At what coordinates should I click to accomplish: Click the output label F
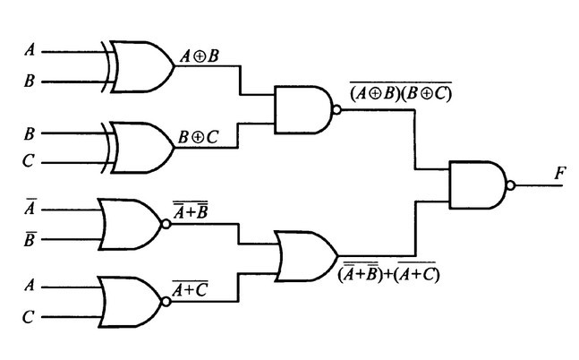click(x=559, y=171)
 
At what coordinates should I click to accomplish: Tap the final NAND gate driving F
click(x=479, y=185)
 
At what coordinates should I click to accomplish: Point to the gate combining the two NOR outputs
click(x=305, y=255)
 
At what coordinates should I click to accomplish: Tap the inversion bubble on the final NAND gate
click(x=510, y=186)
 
